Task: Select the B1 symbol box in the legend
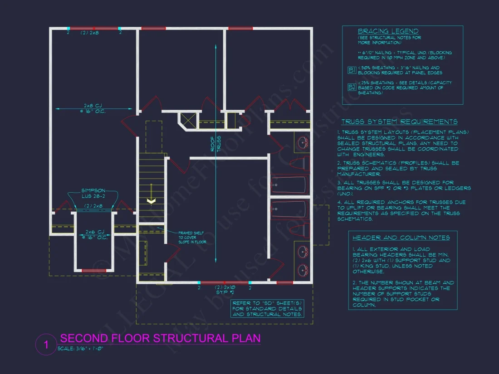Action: click(x=352, y=70)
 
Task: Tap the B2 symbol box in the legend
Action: click(x=352, y=87)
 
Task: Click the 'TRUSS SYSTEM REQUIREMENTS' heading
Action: click(x=399, y=121)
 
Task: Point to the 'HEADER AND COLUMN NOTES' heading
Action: click(x=401, y=238)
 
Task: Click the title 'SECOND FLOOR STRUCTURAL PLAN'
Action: click(x=160, y=338)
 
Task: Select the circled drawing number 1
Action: click(x=46, y=345)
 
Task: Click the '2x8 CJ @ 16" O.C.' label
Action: click(x=94, y=109)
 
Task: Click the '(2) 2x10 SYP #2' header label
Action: click(x=225, y=289)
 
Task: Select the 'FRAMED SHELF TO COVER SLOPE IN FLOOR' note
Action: click(x=192, y=237)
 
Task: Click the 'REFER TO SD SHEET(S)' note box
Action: click(x=267, y=308)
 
